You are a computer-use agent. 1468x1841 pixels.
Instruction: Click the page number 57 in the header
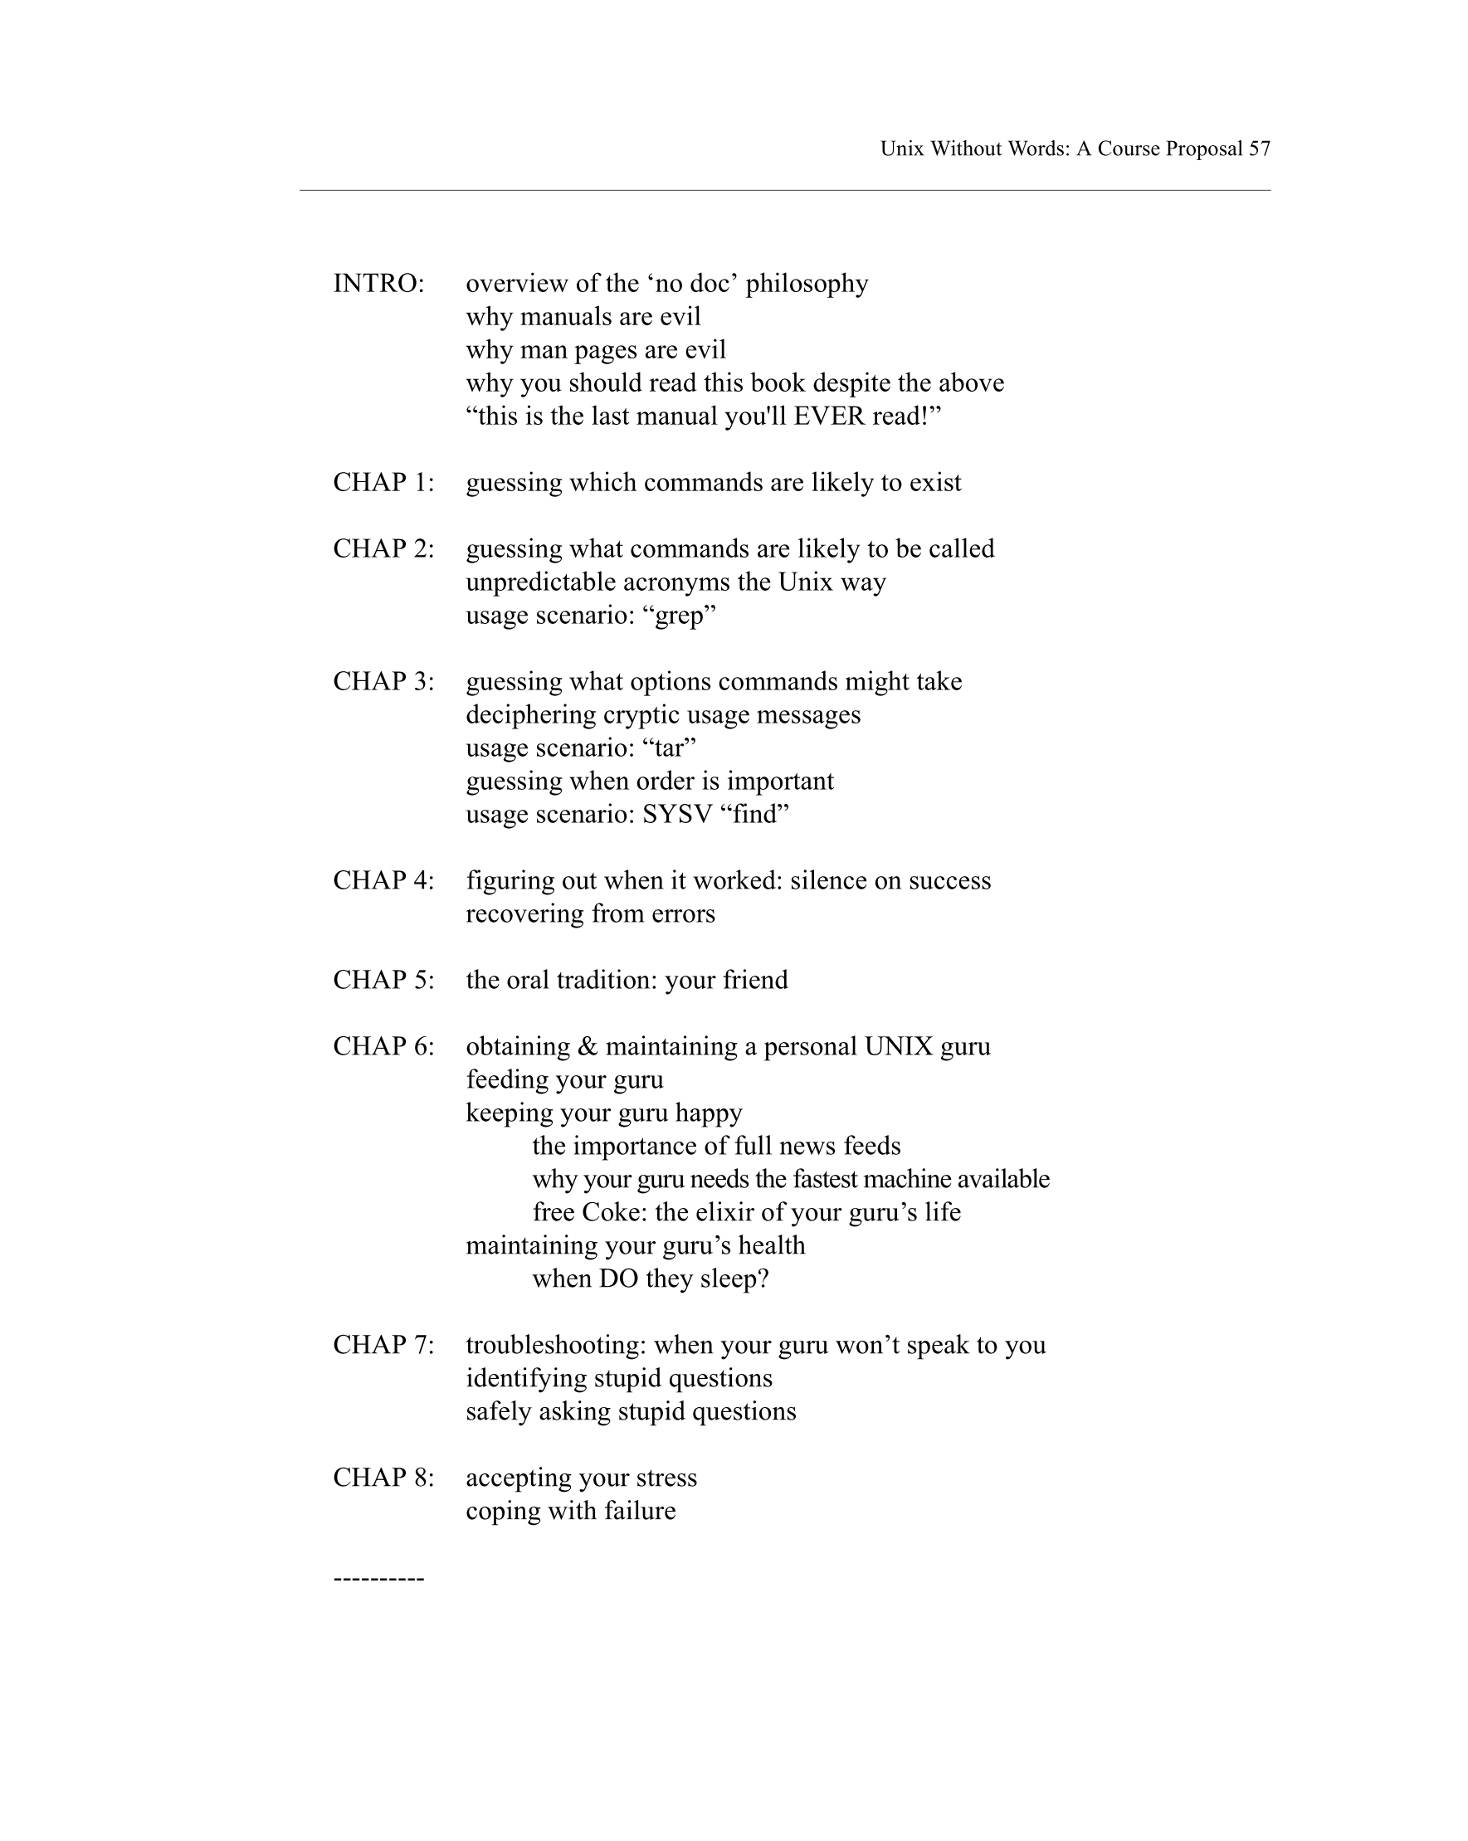[x=1259, y=149]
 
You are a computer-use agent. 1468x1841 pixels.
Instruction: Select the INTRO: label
[x=378, y=284]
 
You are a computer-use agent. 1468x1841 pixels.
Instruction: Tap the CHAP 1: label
[x=383, y=483]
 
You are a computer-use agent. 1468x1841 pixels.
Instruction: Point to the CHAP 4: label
[x=383, y=880]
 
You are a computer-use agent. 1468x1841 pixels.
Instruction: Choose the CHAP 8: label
[x=383, y=1478]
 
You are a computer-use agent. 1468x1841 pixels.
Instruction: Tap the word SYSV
[x=677, y=815]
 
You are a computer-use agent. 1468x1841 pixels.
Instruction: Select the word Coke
[x=614, y=1212]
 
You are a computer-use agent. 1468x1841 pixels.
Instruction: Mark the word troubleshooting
[x=556, y=1346]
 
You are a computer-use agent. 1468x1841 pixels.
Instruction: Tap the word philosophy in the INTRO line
[x=807, y=284]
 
